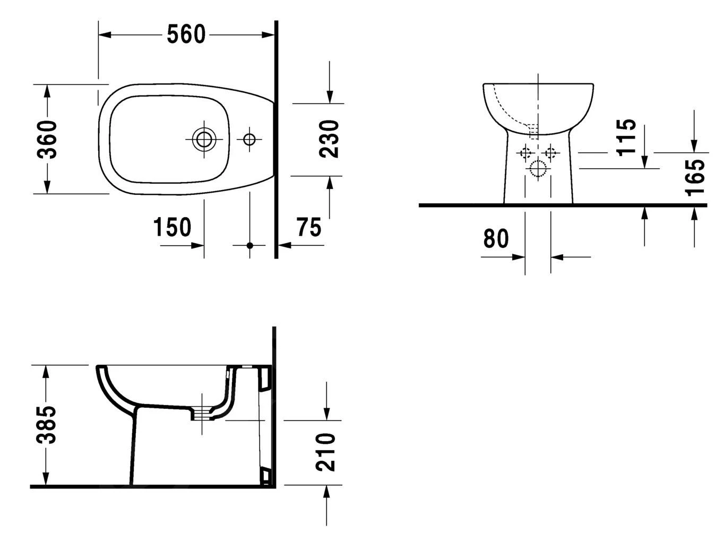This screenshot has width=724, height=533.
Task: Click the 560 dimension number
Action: pos(186,35)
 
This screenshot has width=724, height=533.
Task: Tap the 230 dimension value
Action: pos(329,139)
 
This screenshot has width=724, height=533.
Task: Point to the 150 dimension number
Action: pos(172,228)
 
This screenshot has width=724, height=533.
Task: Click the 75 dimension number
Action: pos(309,228)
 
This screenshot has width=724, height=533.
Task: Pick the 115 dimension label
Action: pos(627,137)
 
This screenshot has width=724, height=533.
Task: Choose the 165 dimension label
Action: pos(695,177)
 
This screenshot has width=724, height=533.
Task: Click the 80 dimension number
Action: pos(496,239)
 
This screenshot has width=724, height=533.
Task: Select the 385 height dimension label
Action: pos(47,425)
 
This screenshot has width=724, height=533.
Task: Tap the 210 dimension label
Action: pos(326,452)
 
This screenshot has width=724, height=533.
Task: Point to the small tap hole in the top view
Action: pos(249,139)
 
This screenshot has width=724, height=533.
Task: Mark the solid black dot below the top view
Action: pos(249,245)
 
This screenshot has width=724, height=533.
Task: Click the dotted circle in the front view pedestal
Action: pos(538,169)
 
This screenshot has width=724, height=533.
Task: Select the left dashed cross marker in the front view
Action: pos(525,153)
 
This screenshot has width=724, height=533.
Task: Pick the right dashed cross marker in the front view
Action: pos(550,153)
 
